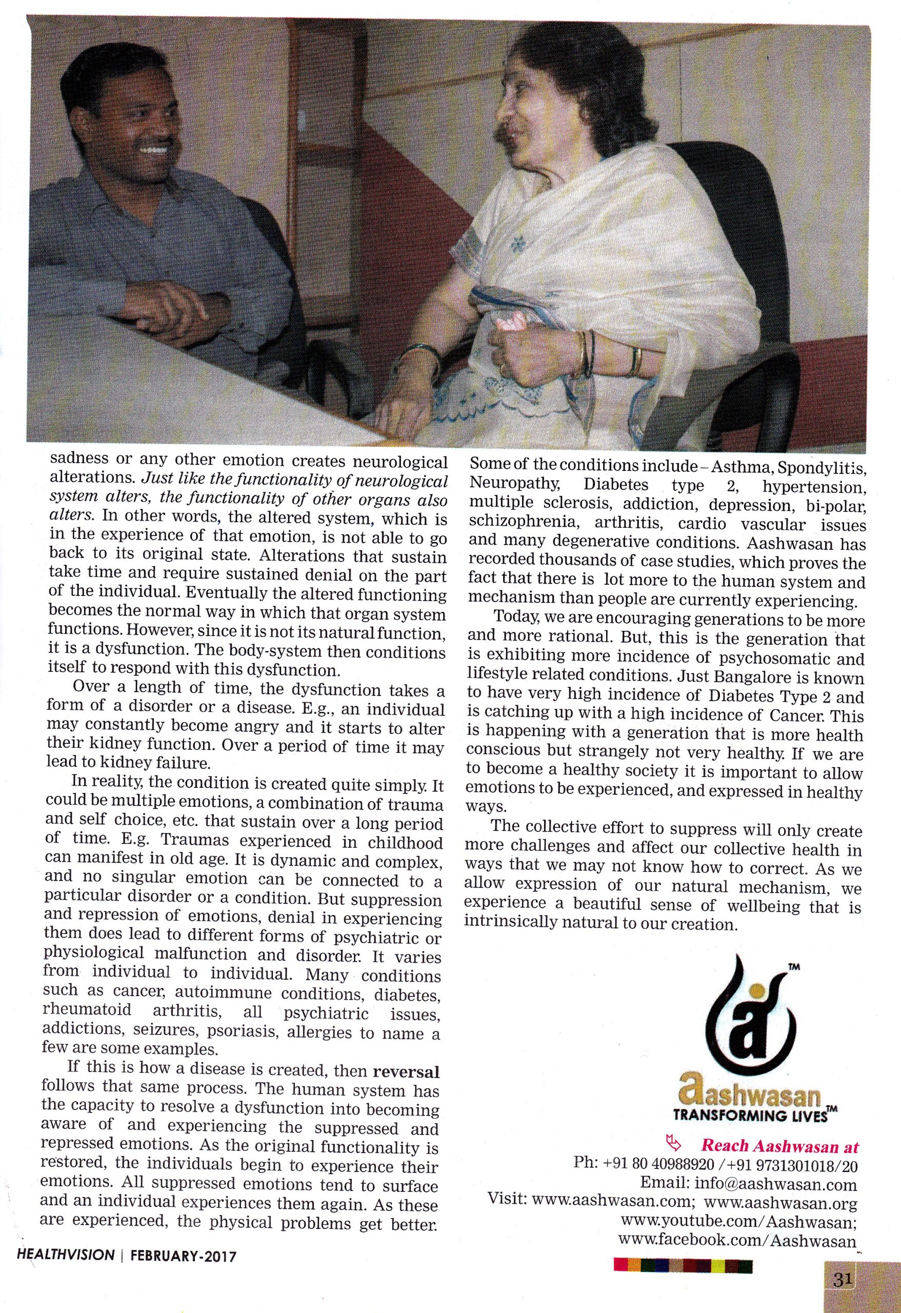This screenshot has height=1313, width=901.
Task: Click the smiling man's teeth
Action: pyautogui.click(x=154, y=151)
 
